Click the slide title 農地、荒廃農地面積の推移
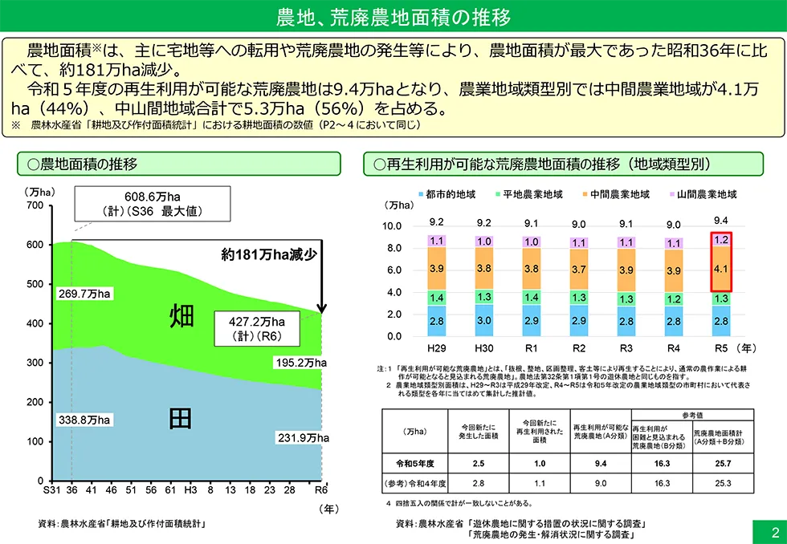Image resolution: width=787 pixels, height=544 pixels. [393, 16]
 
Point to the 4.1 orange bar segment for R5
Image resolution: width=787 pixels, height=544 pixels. [720, 270]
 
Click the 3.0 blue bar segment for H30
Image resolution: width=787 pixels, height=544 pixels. [484, 320]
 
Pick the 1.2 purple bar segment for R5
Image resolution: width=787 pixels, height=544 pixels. [720, 239]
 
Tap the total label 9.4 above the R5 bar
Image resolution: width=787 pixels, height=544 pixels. [720, 220]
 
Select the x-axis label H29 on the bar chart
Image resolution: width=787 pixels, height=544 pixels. [437, 349]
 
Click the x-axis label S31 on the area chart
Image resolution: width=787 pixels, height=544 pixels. [52, 489]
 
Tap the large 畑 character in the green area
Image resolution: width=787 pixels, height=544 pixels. [181, 316]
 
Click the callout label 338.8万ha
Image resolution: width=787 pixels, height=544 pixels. [84, 419]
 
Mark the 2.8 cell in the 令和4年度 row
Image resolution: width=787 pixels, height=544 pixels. [478, 484]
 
